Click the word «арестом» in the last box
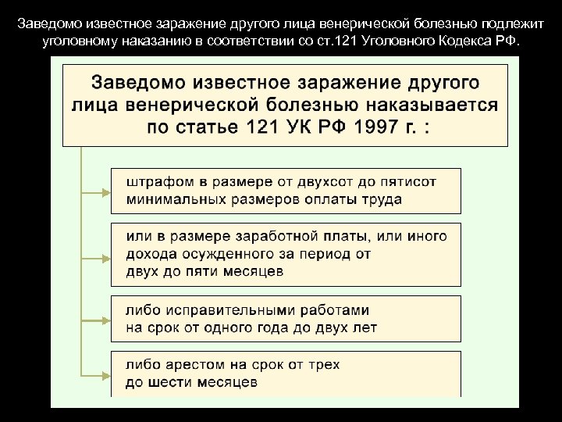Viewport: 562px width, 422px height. pyautogui.click(x=185, y=364)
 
